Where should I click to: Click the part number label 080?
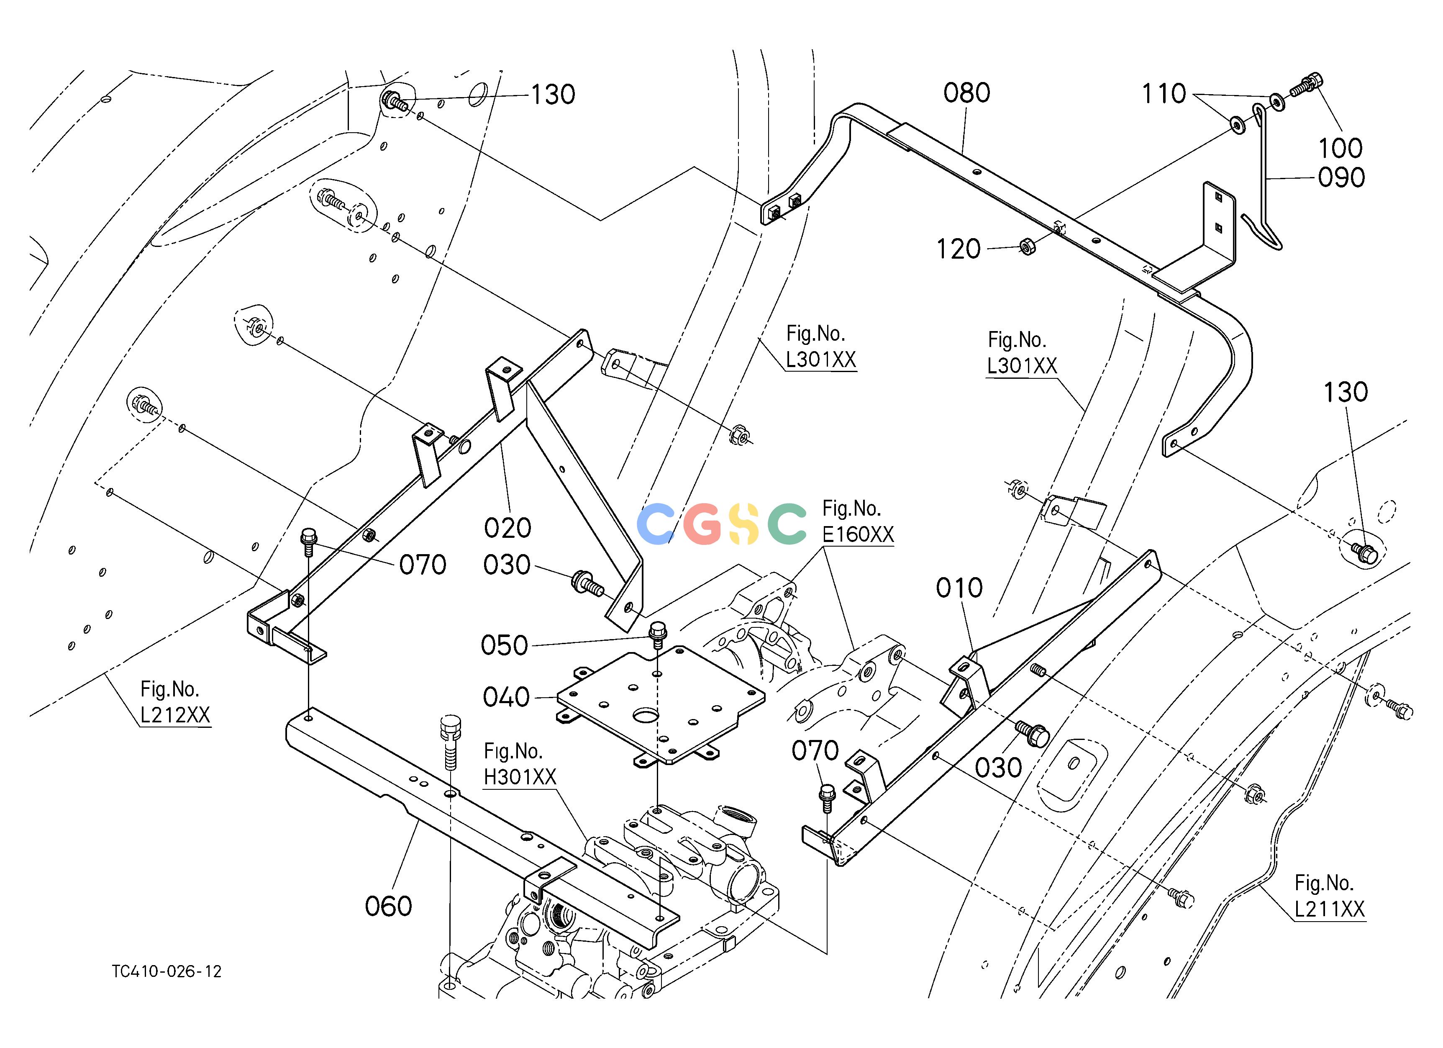coord(966,93)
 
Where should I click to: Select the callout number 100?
coord(1340,148)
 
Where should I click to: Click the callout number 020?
coord(507,527)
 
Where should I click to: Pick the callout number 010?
coord(959,588)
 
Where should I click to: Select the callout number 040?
coord(506,697)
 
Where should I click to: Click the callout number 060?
coord(388,906)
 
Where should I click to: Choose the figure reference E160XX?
coord(858,534)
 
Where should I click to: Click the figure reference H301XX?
coord(520,777)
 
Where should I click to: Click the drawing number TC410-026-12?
coord(167,972)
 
